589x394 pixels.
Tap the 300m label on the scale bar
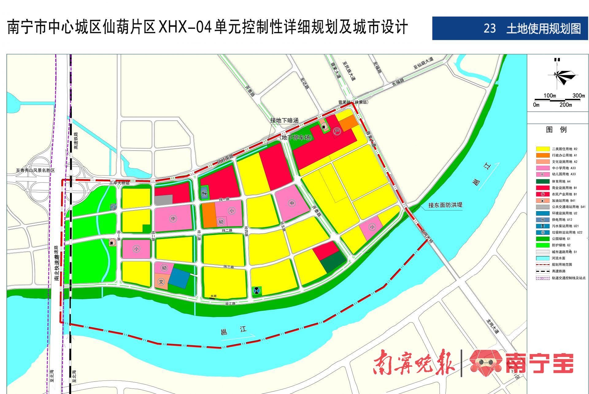pyautogui.click(x=579, y=95)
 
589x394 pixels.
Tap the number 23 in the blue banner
pyautogui.click(x=490, y=29)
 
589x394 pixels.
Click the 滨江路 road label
pyautogui.click(x=230, y=303)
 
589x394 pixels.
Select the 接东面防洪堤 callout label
pyautogui.click(x=445, y=205)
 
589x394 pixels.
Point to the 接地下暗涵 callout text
pyautogui.click(x=284, y=120)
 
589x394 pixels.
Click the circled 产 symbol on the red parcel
pyautogui.click(x=337, y=131)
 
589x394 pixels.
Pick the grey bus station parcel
pyautogui.click(x=164, y=200)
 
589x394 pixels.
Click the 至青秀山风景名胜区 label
pyautogui.click(x=35, y=170)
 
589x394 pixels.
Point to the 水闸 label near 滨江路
pyautogui.click(x=213, y=296)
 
